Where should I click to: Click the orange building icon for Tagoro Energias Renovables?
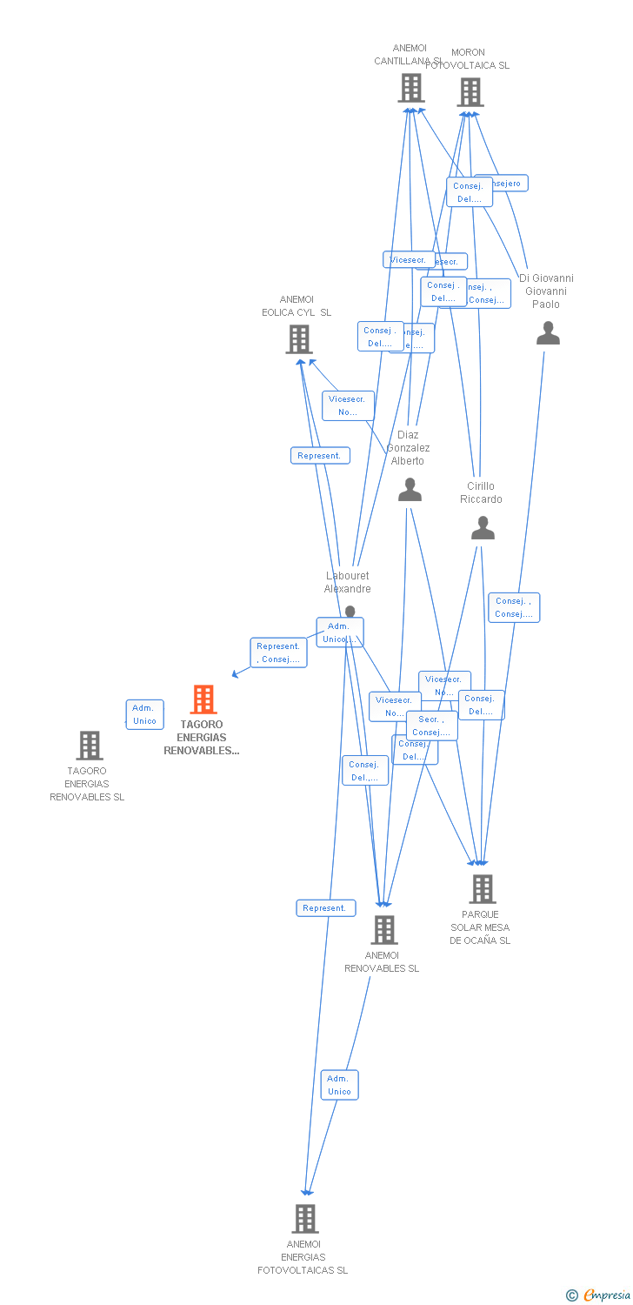203,699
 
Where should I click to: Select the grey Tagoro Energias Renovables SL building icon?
90,746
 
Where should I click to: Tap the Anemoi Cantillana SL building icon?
410,88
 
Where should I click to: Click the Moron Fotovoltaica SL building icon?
470,92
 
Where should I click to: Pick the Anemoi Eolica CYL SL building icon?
299,339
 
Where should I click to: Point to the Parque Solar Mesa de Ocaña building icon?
483,889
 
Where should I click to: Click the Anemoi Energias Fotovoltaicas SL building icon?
305,1219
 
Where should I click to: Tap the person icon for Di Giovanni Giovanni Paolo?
548,333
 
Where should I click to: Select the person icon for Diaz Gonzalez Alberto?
410,491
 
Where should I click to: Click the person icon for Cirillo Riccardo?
483,528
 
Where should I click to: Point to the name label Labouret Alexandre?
348,582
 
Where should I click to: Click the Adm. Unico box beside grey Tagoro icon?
144,714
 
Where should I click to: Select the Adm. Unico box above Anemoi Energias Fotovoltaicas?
339,1085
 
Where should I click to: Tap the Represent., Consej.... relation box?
278,652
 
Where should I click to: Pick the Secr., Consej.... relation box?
431,726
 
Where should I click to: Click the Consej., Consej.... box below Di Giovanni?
514,607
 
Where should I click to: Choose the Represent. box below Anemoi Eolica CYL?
320,456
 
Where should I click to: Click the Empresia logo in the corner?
599,1295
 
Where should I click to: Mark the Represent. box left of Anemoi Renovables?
325,908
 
